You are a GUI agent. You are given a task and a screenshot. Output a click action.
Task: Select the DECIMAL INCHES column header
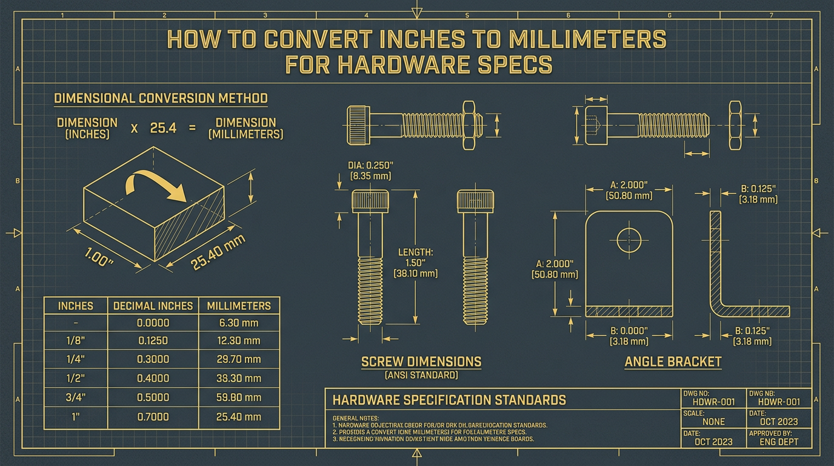(153, 306)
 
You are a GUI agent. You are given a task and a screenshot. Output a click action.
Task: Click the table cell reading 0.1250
(153, 341)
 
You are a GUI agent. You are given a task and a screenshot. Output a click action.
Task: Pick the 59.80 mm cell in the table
(239, 397)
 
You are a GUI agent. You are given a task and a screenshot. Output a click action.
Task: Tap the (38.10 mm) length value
(415, 274)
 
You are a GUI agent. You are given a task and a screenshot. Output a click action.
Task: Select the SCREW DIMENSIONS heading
(421, 362)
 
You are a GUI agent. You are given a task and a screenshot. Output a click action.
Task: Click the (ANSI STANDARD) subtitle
(421, 376)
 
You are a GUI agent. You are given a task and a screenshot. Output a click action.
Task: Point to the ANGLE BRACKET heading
(673, 362)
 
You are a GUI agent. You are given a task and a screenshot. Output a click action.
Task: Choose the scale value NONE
(713, 421)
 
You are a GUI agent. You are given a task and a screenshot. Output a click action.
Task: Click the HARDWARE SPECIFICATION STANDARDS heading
(449, 400)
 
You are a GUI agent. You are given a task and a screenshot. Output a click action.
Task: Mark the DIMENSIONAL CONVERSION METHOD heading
(161, 98)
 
